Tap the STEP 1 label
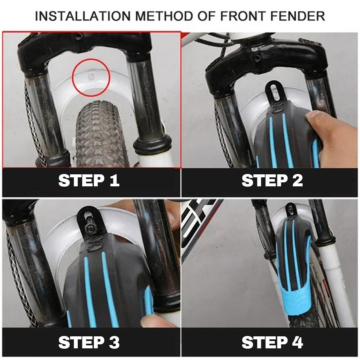(89, 181)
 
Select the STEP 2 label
(272, 181)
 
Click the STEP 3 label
(89, 342)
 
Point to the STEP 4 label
(272, 342)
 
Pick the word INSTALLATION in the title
(81, 16)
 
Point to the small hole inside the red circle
(90, 76)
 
